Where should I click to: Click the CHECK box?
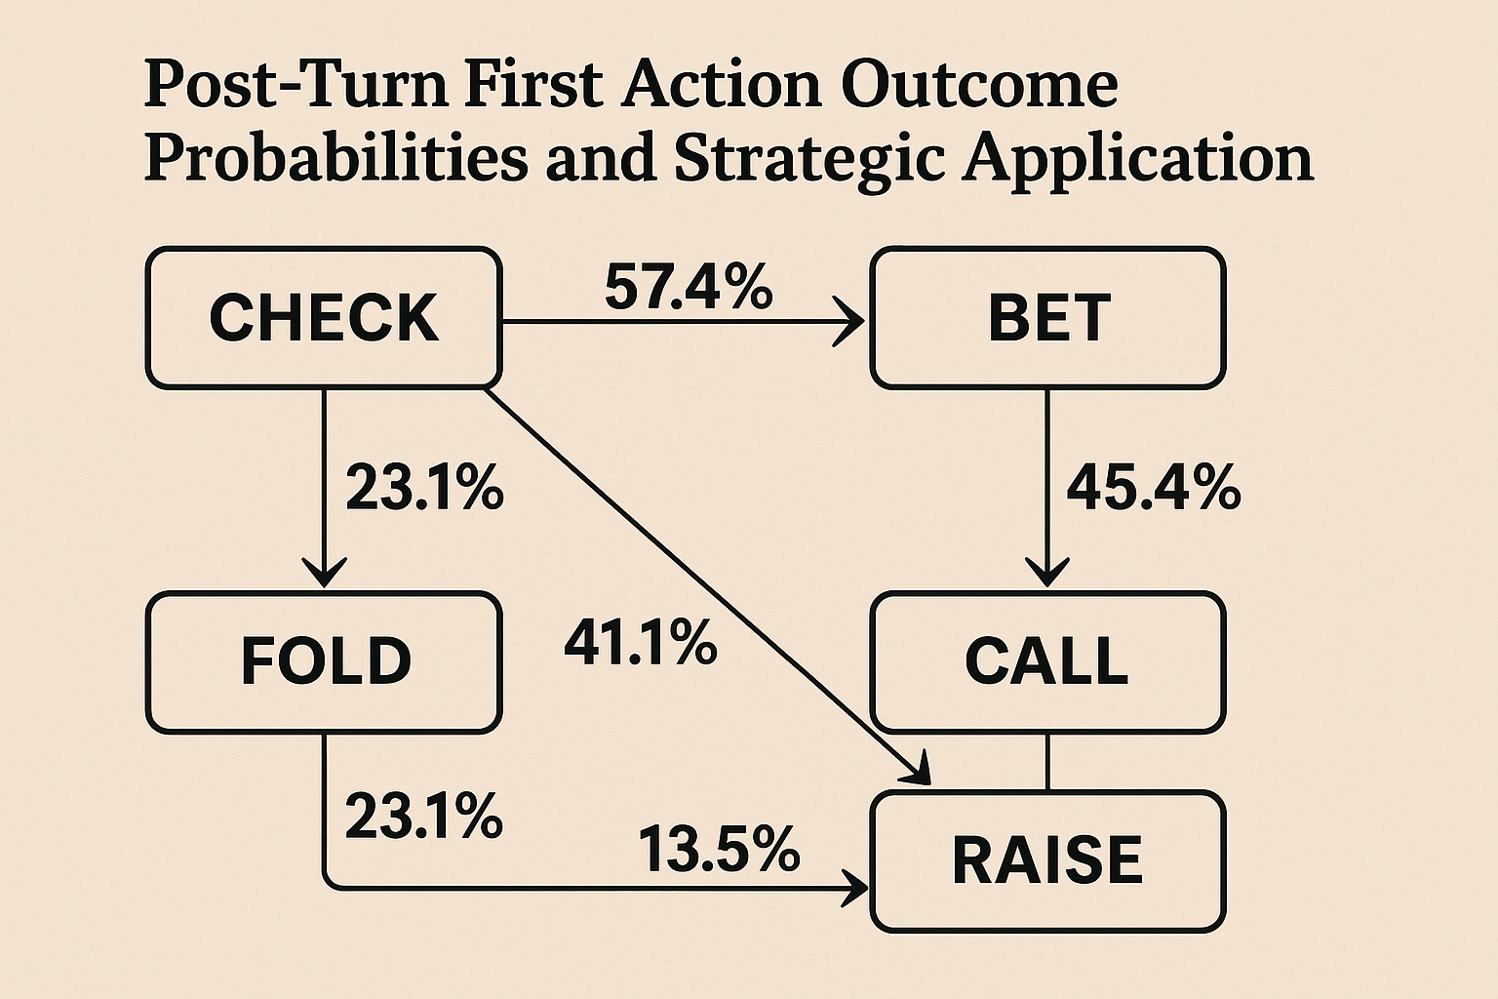click(325, 318)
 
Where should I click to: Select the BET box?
click(1048, 318)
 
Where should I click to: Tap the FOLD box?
click(325, 661)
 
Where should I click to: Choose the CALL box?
click(1048, 661)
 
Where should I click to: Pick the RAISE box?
click(1048, 861)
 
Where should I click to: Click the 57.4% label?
click(689, 287)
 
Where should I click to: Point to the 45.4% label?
click(1154, 488)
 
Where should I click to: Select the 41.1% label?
click(640, 642)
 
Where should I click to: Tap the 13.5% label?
click(719, 849)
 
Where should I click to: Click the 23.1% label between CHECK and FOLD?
click(424, 488)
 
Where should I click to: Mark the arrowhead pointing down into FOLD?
click(325, 573)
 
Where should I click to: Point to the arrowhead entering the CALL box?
click(1047, 573)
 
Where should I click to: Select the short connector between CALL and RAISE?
click(1047, 762)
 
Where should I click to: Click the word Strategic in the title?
click(809, 161)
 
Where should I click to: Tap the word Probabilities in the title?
click(335, 161)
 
